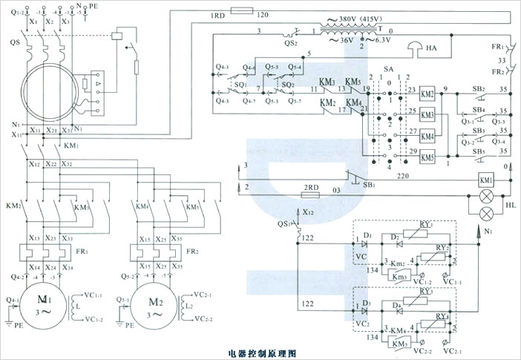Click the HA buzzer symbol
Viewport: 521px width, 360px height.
413,48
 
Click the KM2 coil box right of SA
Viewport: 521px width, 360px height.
427,95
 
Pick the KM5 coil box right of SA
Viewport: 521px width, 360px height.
427,157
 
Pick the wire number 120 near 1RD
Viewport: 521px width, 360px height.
263,15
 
